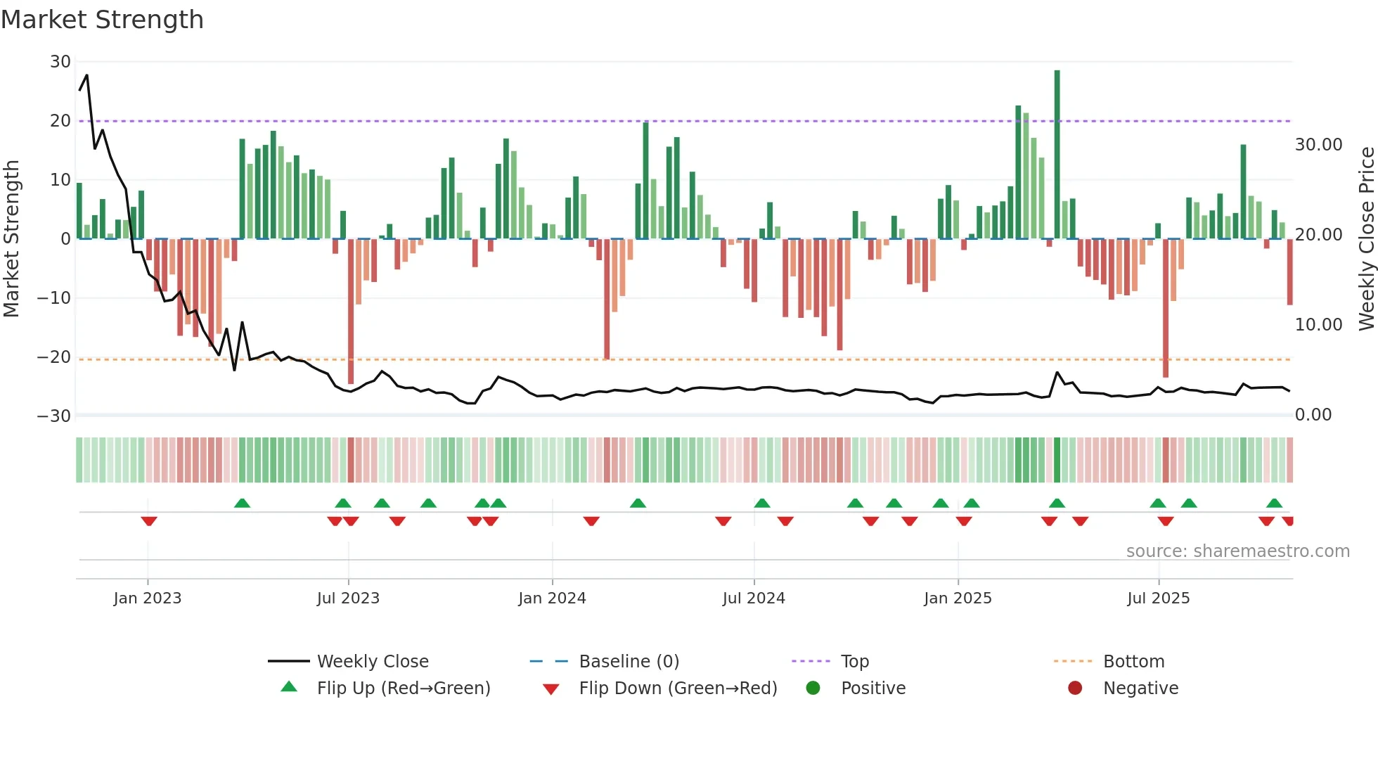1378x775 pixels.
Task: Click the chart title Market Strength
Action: click(102, 20)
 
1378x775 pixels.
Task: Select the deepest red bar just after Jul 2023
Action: click(351, 309)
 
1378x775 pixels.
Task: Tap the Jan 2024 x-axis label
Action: click(552, 598)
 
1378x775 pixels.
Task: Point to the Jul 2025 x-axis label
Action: click(1158, 598)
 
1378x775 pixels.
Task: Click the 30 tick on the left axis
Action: click(60, 62)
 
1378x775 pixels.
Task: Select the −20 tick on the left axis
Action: click(55, 357)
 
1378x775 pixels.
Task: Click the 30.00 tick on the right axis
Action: click(1318, 145)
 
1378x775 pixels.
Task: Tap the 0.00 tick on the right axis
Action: click(1313, 415)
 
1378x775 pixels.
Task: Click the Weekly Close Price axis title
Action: click(1366, 239)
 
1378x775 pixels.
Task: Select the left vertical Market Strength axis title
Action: click(11, 239)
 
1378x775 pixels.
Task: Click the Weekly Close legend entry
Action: click(372, 662)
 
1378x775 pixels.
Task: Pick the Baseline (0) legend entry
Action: click(629, 662)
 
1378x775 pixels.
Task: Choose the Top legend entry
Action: click(854, 662)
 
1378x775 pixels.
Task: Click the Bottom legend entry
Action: click(1133, 662)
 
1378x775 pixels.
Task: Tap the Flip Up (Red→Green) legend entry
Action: click(403, 688)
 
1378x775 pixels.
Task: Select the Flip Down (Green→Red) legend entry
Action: click(677, 688)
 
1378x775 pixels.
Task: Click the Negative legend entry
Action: click(1140, 688)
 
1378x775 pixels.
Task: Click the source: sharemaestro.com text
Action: click(1237, 551)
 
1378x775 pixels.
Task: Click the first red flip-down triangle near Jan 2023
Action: click(148, 521)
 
